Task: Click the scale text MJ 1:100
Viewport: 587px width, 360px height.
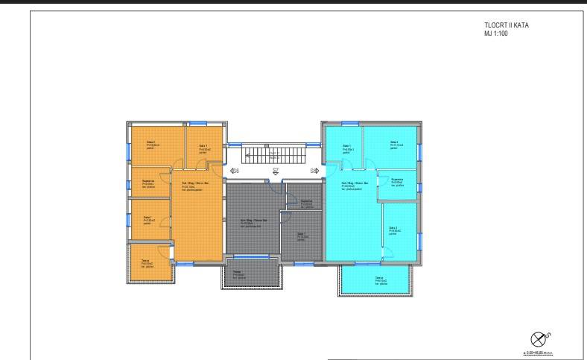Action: tap(495, 33)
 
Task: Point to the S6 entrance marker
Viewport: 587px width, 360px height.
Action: tap(234, 171)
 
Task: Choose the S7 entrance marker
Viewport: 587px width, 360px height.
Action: tap(275, 171)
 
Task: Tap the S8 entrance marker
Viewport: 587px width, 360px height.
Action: tap(314, 171)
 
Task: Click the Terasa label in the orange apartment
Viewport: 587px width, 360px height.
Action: tap(147, 262)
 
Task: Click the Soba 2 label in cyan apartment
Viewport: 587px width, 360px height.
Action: tap(393, 144)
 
